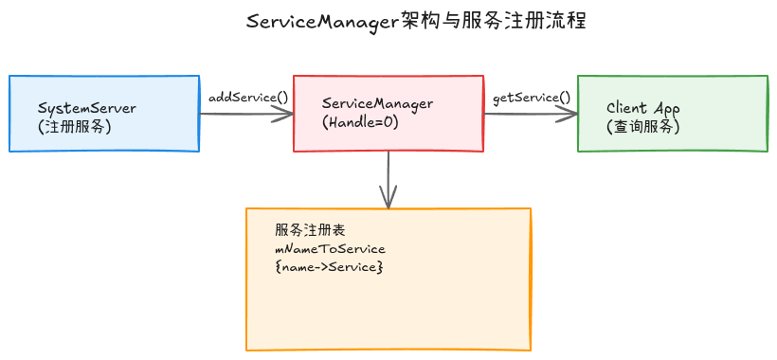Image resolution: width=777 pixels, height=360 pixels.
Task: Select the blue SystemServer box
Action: click(x=104, y=114)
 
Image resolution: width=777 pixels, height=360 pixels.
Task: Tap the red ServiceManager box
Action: click(x=388, y=114)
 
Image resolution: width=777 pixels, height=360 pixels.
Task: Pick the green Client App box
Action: click(x=673, y=114)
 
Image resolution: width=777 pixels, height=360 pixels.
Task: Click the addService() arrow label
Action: click(x=247, y=97)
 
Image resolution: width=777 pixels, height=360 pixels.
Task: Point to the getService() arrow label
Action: click(x=532, y=97)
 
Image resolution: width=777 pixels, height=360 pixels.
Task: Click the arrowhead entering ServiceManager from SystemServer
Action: click(x=285, y=114)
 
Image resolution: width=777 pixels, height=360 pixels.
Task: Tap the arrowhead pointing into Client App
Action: click(x=569, y=114)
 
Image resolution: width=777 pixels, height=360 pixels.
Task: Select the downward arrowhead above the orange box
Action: click(x=388, y=199)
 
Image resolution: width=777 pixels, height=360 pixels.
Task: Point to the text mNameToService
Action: click(x=330, y=249)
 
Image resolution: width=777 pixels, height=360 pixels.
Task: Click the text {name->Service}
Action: click(x=329, y=268)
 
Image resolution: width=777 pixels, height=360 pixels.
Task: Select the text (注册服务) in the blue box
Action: click(x=75, y=126)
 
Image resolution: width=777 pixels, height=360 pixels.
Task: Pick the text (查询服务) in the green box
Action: click(x=642, y=126)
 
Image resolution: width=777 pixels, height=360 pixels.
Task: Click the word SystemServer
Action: click(x=87, y=108)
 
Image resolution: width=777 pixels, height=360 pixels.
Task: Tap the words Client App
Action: click(x=643, y=108)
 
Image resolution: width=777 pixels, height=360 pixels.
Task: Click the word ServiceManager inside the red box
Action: click(x=378, y=103)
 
